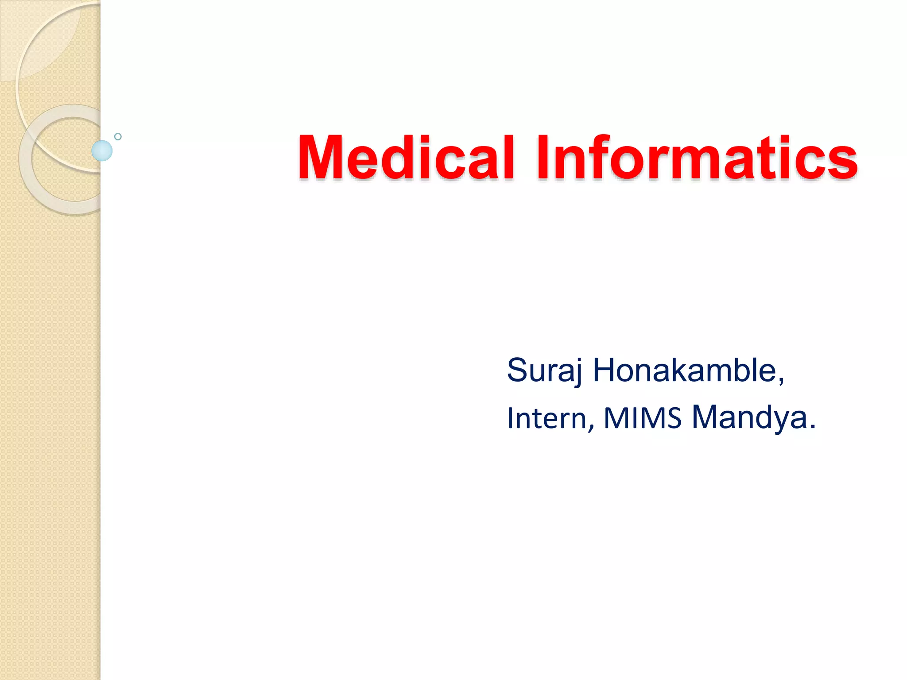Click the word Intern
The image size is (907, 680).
tap(547, 418)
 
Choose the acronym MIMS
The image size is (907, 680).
tap(642, 418)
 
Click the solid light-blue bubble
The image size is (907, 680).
tap(102, 151)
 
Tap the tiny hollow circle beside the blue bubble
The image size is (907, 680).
tap(118, 137)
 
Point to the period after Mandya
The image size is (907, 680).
tap(812, 428)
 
